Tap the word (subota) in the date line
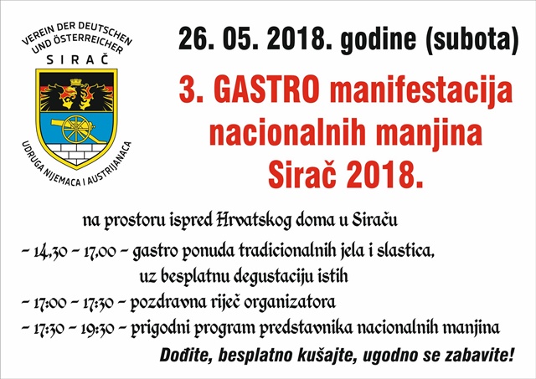pyautogui.click(x=472, y=39)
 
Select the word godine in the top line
pyautogui.click(x=379, y=39)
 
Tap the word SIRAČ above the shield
pyautogui.click(x=77, y=59)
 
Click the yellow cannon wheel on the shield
pyautogui.click(x=77, y=129)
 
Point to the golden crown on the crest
pyautogui.click(x=77, y=82)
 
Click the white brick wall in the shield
pyautogui.click(x=76, y=153)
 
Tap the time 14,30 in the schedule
pyautogui.click(x=50, y=253)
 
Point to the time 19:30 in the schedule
pyautogui.click(x=97, y=329)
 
